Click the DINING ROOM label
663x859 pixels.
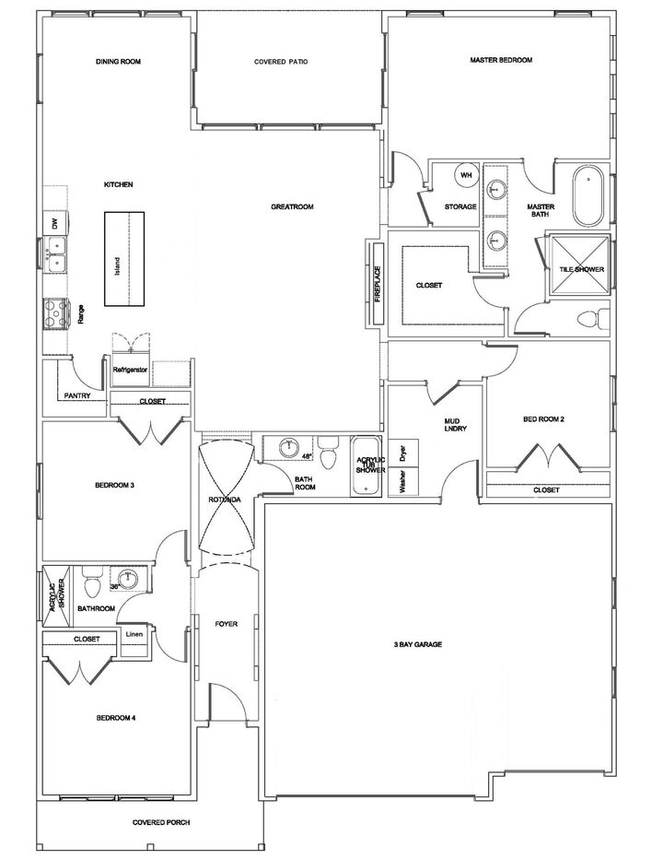[123, 62]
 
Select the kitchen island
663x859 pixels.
[124, 260]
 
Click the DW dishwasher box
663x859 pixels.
[55, 224]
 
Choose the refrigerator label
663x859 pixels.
[131, 369]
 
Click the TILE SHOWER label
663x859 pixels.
[582, 269]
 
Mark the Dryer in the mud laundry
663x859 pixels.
[403, 453]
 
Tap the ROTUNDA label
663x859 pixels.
[225, 500]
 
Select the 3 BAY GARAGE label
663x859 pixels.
[417, 644]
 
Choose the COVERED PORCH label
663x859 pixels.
[160, 822]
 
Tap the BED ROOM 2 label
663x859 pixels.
[543, 419]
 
